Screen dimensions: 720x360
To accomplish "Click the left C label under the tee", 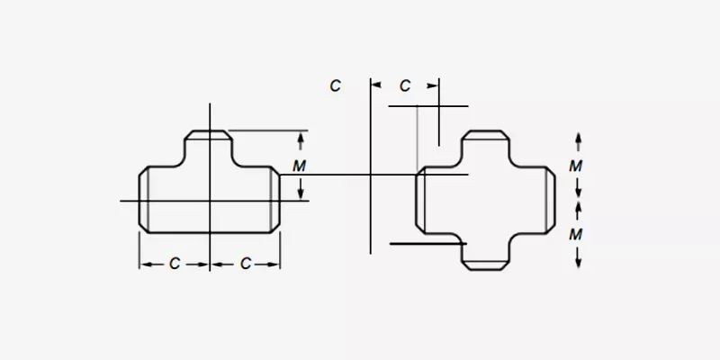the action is pos(175,264).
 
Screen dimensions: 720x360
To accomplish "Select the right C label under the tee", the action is pos(246,264).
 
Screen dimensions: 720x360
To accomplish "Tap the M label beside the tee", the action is pos(299,166).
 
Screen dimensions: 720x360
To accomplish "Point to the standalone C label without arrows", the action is pos(335,85).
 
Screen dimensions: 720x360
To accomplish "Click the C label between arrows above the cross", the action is pos(404,85).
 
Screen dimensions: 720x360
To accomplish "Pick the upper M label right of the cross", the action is pos(576,166).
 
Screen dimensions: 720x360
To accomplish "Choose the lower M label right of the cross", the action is pos(576,235).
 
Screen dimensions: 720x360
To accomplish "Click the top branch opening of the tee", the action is pos(209,135).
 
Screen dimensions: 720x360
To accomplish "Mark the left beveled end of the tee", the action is pos(144,200).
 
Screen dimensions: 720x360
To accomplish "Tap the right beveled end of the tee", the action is pos(275,200).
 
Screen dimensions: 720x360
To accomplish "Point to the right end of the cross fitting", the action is pos(550,200).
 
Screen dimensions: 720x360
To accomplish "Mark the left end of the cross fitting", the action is pos(420,200).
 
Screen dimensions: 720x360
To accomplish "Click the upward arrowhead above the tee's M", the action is pos(301,137).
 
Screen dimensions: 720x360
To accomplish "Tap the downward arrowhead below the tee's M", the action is pos(301,194).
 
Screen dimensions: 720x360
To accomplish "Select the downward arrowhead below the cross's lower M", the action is pos(578,263).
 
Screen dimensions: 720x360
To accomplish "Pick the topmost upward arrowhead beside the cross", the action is pos(578,138).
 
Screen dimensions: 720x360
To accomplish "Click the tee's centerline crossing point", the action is pos(210,201).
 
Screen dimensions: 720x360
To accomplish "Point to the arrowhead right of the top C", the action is pos(433,85).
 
